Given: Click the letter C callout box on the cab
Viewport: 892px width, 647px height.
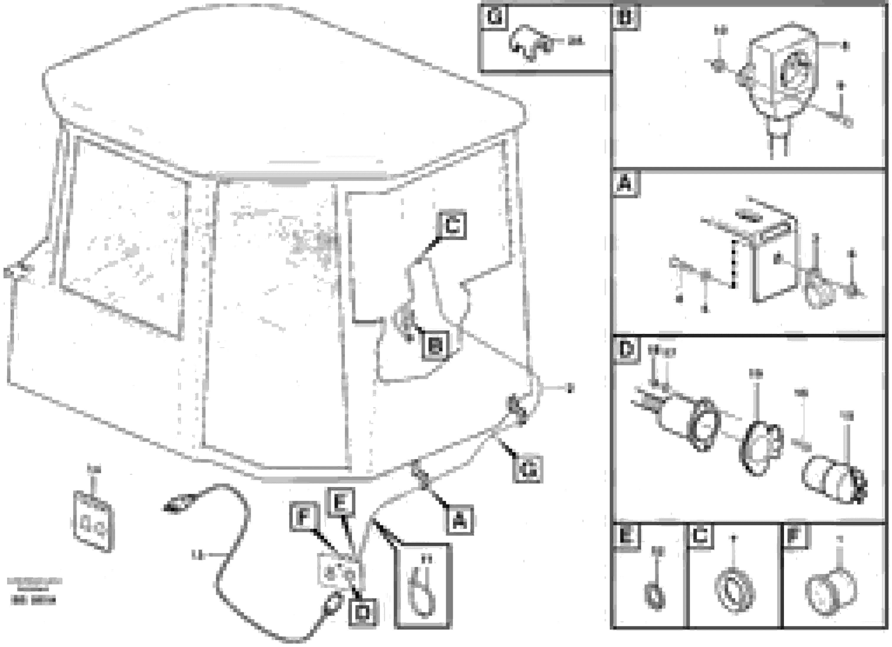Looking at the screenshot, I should (x=452, y=225).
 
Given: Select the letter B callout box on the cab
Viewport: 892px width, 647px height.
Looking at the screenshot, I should (x=435, y=346).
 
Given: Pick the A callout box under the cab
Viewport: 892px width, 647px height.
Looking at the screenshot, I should (x=459, y=521).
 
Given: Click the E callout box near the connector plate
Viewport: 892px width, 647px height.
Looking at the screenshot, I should (x=341, y=501).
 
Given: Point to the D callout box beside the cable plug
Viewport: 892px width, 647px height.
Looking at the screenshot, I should (x=362, y=612).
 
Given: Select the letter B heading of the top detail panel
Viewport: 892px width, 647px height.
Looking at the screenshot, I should (x=626, y=18).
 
